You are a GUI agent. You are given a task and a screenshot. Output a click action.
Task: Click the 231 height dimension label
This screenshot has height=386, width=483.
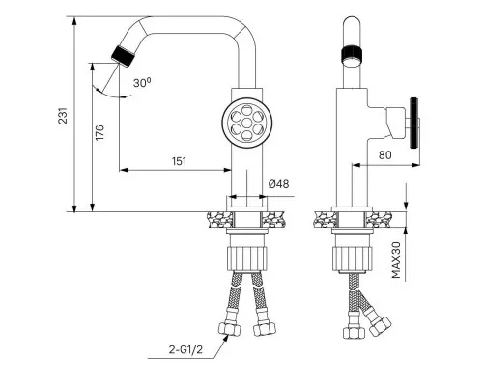coord(63,116)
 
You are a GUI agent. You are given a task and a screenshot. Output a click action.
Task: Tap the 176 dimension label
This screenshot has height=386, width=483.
coord(99,132)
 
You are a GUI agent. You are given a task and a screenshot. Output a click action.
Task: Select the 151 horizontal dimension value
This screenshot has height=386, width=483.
coord(180,161)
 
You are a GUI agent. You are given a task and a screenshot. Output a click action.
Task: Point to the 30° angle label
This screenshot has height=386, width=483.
coord(142,83)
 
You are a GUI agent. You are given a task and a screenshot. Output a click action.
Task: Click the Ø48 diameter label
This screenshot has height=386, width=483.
coord(279,184)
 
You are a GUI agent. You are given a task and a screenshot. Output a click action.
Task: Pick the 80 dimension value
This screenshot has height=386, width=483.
coord(385,155)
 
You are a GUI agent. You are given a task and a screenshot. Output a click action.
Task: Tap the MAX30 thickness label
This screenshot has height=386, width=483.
coord(396,260)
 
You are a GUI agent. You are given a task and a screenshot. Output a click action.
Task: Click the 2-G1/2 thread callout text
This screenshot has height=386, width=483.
coord(186,349)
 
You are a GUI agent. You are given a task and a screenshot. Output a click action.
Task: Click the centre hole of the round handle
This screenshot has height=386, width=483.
coord(247,123)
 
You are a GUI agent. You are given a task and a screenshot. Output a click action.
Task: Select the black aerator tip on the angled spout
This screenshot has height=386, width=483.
coord(123,56)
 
